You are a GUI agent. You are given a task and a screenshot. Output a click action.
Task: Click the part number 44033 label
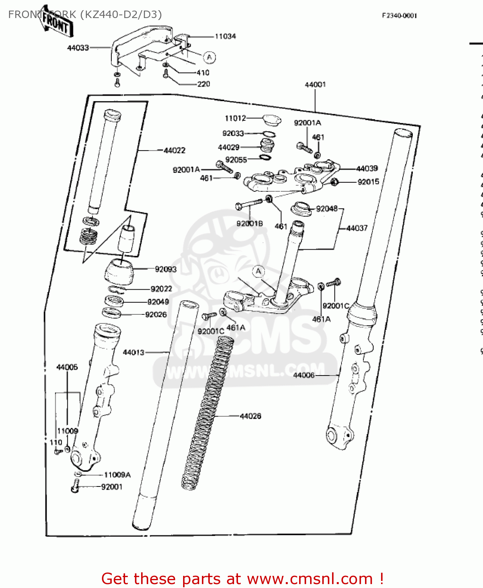[78, 48]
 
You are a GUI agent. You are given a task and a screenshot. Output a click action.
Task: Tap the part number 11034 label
[225, 36]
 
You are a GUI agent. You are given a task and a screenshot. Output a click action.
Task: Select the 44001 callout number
[315, 85]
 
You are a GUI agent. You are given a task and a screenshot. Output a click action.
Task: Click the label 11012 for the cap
[235, 118]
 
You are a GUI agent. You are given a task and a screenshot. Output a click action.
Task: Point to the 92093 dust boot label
[166, 269]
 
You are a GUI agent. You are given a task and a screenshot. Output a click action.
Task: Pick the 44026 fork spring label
[251, 416]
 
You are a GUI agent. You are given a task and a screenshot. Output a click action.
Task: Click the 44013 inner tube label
[134, 352]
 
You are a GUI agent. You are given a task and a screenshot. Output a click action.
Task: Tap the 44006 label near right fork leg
[304, 375]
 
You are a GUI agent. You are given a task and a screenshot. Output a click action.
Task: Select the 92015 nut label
[369, 182]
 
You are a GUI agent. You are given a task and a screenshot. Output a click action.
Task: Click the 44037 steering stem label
[357, 228]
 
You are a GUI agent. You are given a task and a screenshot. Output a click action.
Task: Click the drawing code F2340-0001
[399, 16]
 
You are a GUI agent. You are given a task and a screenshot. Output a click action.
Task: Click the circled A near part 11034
[209, 58]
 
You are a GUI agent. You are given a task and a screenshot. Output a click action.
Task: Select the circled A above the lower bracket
[258, 271]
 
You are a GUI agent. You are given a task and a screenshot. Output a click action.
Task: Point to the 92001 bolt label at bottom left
[112, 487]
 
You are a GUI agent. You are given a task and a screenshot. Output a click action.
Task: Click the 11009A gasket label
[117, 475]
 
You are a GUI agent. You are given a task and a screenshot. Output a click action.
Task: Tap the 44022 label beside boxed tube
[174, 151]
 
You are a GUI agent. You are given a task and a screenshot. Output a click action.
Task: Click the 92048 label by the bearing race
[327, 209]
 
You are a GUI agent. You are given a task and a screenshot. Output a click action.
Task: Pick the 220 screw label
[203, 84]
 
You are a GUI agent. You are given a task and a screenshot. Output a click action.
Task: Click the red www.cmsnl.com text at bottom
[310, 579]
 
